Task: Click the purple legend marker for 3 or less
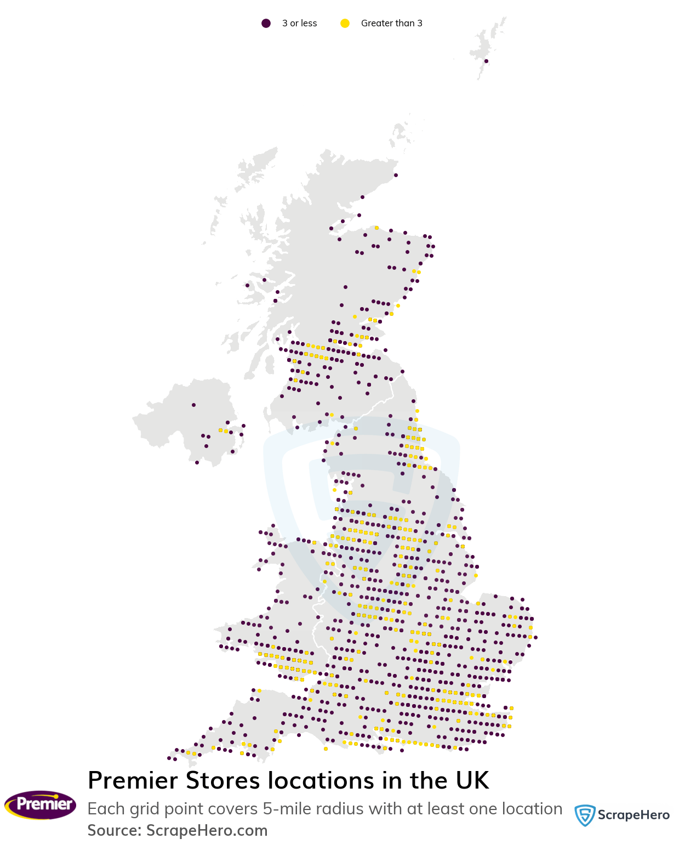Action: [266, 23]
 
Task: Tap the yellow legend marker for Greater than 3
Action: [345, 23]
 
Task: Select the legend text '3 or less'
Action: [299, 23]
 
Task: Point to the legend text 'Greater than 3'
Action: [391, 23]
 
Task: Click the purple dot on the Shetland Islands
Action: [486, 61]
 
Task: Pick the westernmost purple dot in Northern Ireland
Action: [193, 405]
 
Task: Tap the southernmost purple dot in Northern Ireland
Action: [197, 462]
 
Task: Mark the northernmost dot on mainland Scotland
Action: [396, 175]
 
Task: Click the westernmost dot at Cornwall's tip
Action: [169, 758]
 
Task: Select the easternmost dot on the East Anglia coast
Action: [535, 637]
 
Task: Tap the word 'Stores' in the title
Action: [222, 780]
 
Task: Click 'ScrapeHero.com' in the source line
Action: [207, 831]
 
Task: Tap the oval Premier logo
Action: [41, 804]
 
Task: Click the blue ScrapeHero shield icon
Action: [585, 815]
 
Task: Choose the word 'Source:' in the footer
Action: [115, 831]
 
